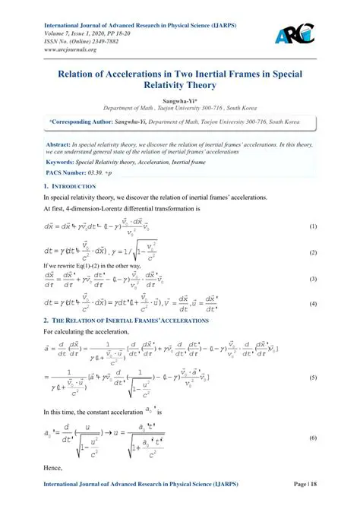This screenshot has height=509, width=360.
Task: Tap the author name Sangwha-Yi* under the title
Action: point(180,100)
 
